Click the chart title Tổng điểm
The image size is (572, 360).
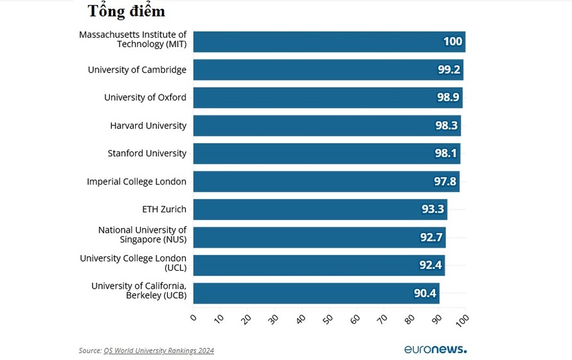pyautogui.click(x=127, y=12)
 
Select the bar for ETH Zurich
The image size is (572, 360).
pyautogui.click(x=319, y=210)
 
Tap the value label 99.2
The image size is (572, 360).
pyautogui.click(x=449, y=70)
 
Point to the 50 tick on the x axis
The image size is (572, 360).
pyautogui.click(x=328, y=318)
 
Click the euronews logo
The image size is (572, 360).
pyautogui.click(x=435, y=349)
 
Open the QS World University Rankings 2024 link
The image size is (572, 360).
pyautogui.click(x=159, y=350)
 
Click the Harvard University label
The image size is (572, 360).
pyautogui.click(x=148, y=125)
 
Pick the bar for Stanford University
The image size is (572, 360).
pyautogui.click(x=326, y=154)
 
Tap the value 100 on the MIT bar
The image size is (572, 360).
pyautogui.click(x=452, y=42)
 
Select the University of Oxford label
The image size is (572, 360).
pyautogui.click(x=145, y=98)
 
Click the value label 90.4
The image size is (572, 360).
pyautogui.click(x=425, y=293)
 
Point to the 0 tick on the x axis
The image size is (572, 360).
pyautogui.click(x=193, y=317)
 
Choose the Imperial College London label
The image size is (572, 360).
pyautogui.click(x=136, y=181)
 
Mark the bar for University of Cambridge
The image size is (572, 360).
pyautogui.click(x=328, y=70)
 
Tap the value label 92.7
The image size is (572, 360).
pyautogui.click(x=431, y=237)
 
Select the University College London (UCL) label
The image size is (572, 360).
pyautogui.click(x=133, y=262)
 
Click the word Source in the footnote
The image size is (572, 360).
pyautogui.click(x=89, y=350)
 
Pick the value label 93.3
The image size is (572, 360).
pyautogui.click(x=433, y=210)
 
